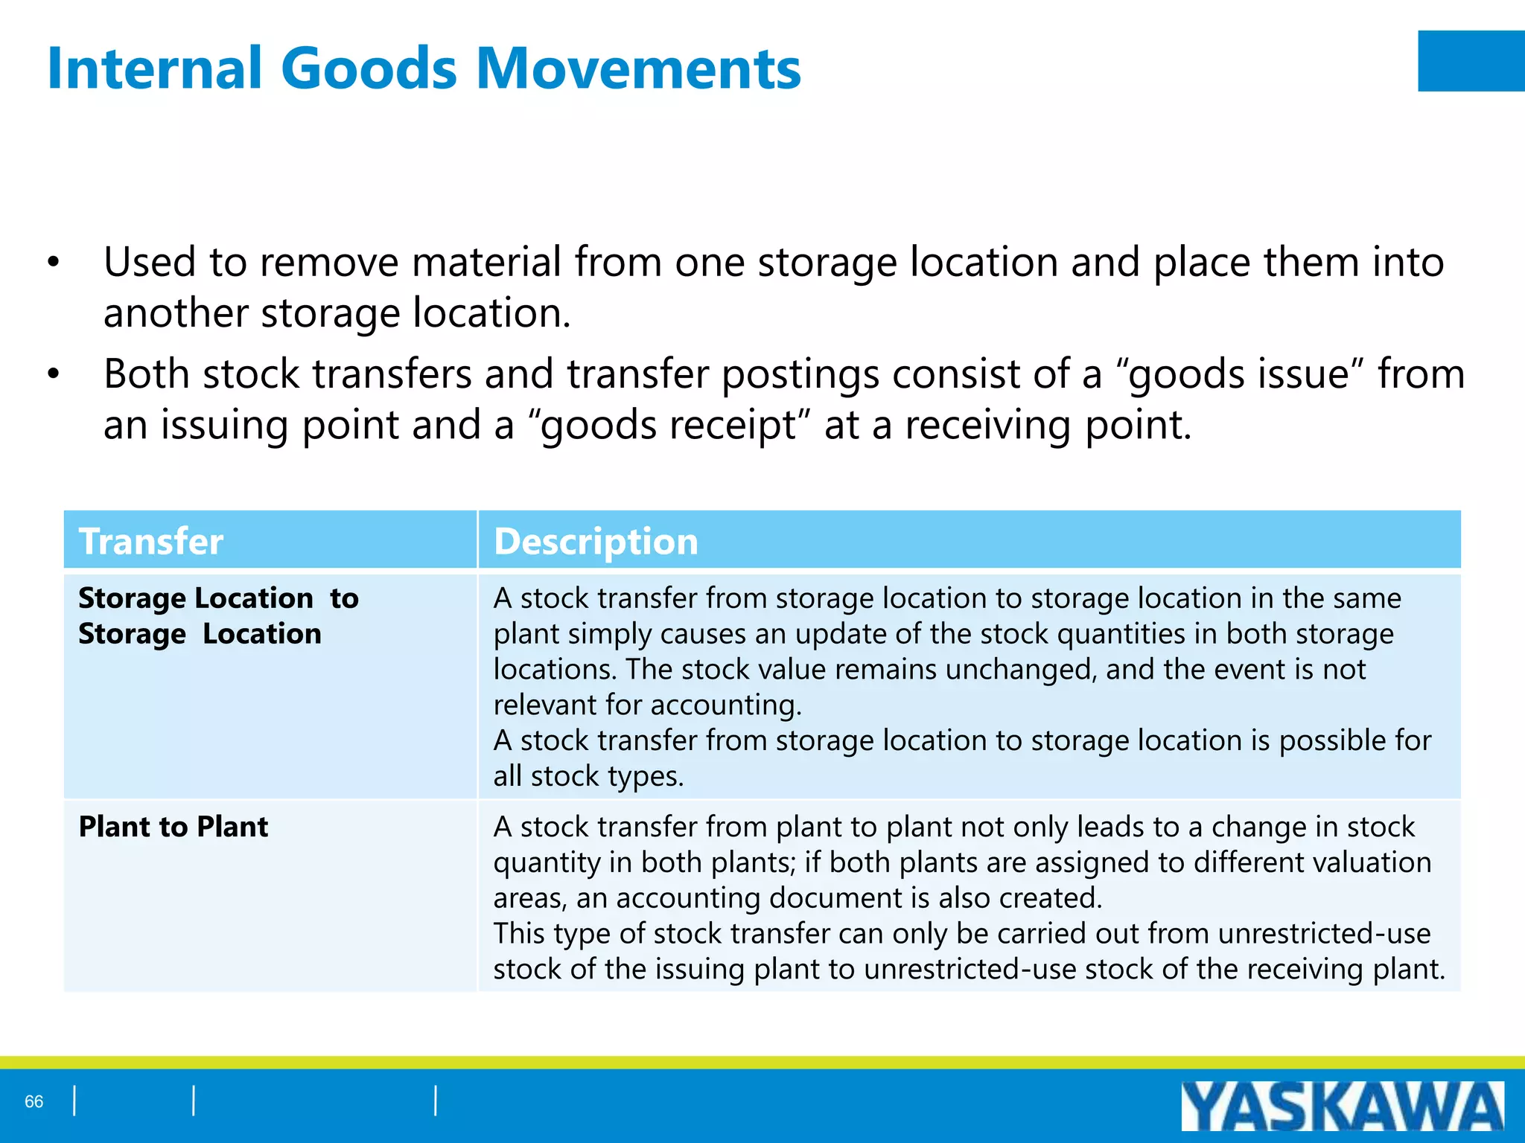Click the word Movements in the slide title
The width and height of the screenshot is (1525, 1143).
click(638, 68)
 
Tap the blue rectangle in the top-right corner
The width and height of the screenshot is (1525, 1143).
click(1471, 61)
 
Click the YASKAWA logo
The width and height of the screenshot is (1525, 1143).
click(1342, 1106)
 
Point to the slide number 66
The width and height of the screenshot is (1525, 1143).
click(34, 1101)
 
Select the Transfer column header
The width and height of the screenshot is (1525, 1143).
click(151, 541)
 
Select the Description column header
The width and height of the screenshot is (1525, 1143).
click(596, 541)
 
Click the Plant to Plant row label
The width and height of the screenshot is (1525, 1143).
click(173, 827)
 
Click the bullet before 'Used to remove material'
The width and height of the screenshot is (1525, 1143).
click(53, 263)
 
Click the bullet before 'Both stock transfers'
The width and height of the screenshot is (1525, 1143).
click(53, 375)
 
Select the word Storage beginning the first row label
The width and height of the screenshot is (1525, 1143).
click(132, 598)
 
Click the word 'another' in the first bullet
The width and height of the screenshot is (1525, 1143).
click(176, 313)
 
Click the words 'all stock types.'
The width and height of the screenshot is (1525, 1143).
click(588, 776)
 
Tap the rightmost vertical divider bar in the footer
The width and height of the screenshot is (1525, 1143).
click(436, 1101)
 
